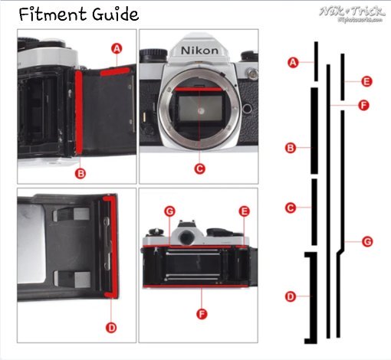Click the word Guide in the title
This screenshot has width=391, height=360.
[112, 15]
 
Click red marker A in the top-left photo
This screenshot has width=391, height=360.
[117, 48]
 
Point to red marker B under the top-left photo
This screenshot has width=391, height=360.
[81, 173]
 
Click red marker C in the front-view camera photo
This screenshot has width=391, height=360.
[199, 168]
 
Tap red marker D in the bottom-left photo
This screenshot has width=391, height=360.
[112, 327]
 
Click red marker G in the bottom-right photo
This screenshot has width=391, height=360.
[169, 210]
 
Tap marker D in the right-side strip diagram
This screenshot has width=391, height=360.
[290, 296]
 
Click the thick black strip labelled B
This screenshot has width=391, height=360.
[314, 130]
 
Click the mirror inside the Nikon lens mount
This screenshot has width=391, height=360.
[200, 110]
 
